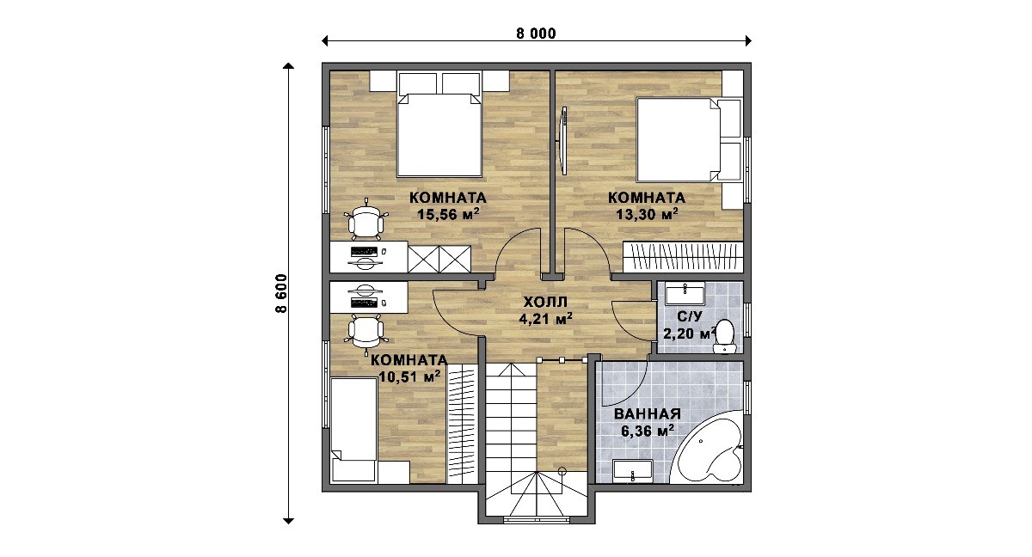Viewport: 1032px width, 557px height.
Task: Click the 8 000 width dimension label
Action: tap(536, 34)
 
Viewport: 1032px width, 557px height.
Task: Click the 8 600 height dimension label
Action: tap(281, 294)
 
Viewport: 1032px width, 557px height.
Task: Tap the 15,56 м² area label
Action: tap(448, 214)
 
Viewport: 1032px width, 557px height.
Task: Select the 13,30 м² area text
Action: tap(647, 214)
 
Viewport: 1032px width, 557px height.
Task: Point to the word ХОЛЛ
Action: tap(545, 302)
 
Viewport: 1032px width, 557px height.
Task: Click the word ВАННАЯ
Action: tap(648, 413)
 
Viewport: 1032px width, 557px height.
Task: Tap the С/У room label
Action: tap(690, 316)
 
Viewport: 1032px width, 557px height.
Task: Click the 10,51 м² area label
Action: tap(409, 376)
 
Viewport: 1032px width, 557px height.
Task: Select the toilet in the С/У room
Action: tap(725, 336)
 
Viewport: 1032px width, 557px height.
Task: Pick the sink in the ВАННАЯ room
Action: tap(633, 471)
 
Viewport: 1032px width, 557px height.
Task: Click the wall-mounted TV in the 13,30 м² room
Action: tap(562, 140)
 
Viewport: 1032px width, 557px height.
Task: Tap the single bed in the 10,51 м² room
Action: tap(353, 430)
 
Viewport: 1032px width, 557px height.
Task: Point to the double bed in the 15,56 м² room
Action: tap(439, 125)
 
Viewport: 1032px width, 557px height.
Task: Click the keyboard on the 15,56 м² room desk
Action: tap(364, 251)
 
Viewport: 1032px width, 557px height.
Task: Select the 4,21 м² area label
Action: tap(545, 319)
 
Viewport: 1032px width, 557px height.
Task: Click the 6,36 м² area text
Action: tap(648, 431)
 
